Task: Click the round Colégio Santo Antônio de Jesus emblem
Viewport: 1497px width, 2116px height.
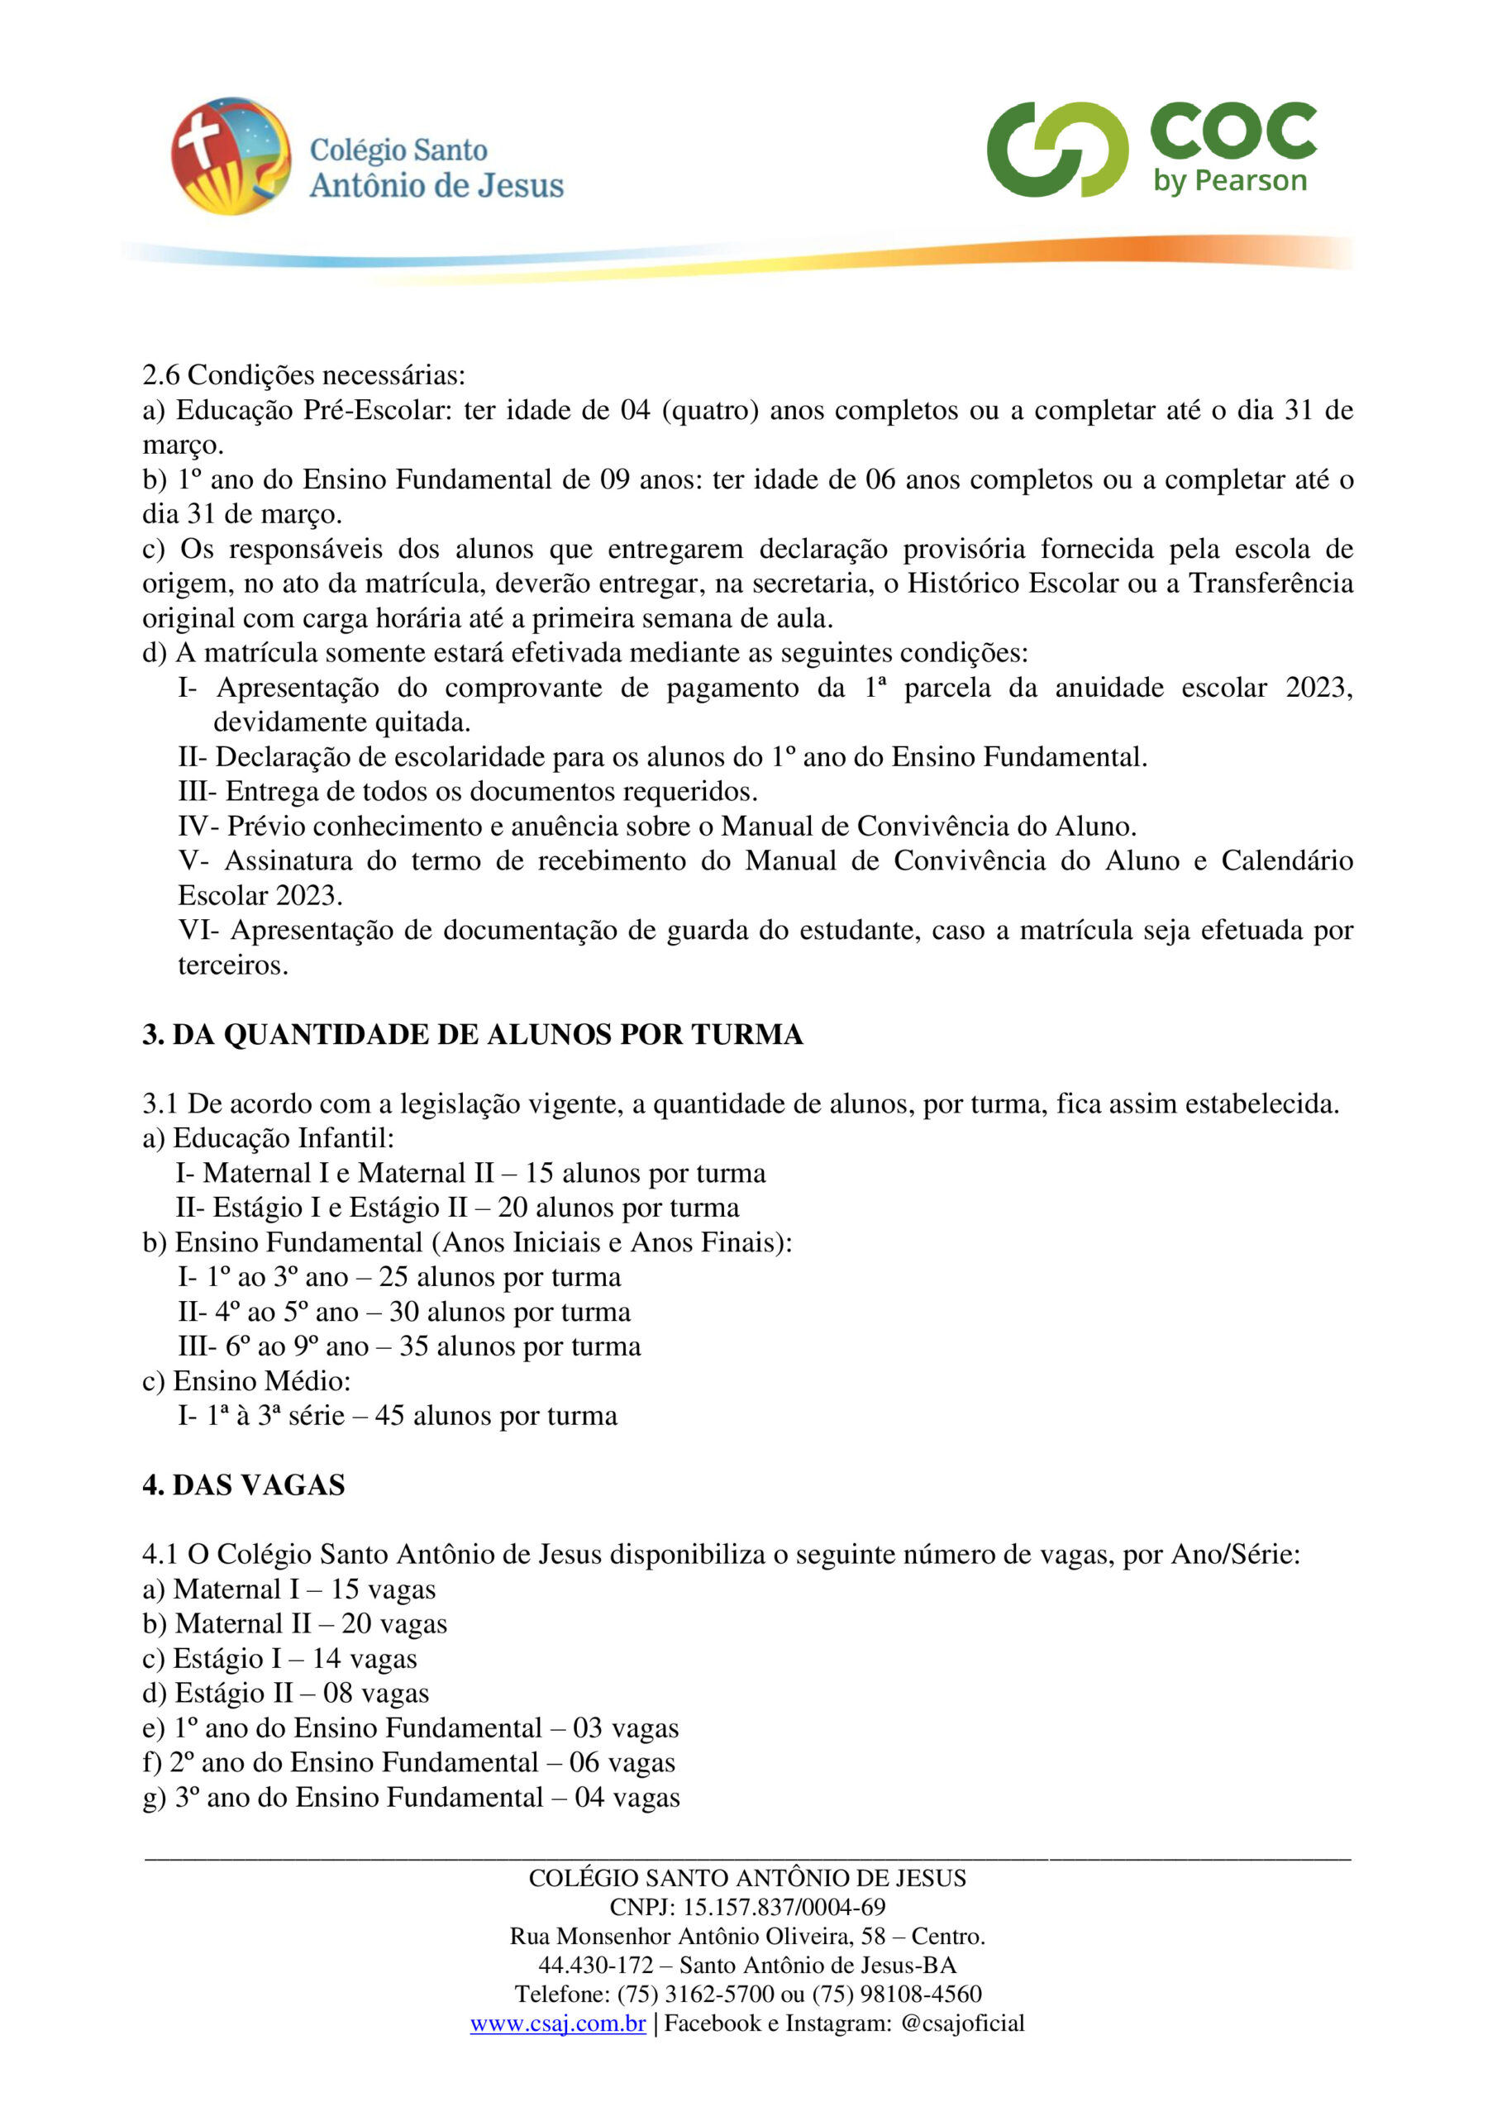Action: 231,155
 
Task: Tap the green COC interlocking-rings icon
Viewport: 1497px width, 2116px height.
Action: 1057,150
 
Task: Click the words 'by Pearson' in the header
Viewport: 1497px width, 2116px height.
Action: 1230,181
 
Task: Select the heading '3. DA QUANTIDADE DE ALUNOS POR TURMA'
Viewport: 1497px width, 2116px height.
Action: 472,1035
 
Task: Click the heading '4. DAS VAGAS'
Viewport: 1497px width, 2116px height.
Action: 243,1485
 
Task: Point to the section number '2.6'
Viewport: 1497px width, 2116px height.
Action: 161,375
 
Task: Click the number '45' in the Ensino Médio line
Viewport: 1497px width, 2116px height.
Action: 389,1416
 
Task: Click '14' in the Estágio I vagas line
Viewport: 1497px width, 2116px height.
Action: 327,1659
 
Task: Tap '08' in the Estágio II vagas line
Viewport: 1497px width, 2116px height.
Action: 337,1693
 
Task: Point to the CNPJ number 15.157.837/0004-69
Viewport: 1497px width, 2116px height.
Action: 784,1907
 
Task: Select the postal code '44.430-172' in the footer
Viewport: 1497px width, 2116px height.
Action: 595,1965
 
